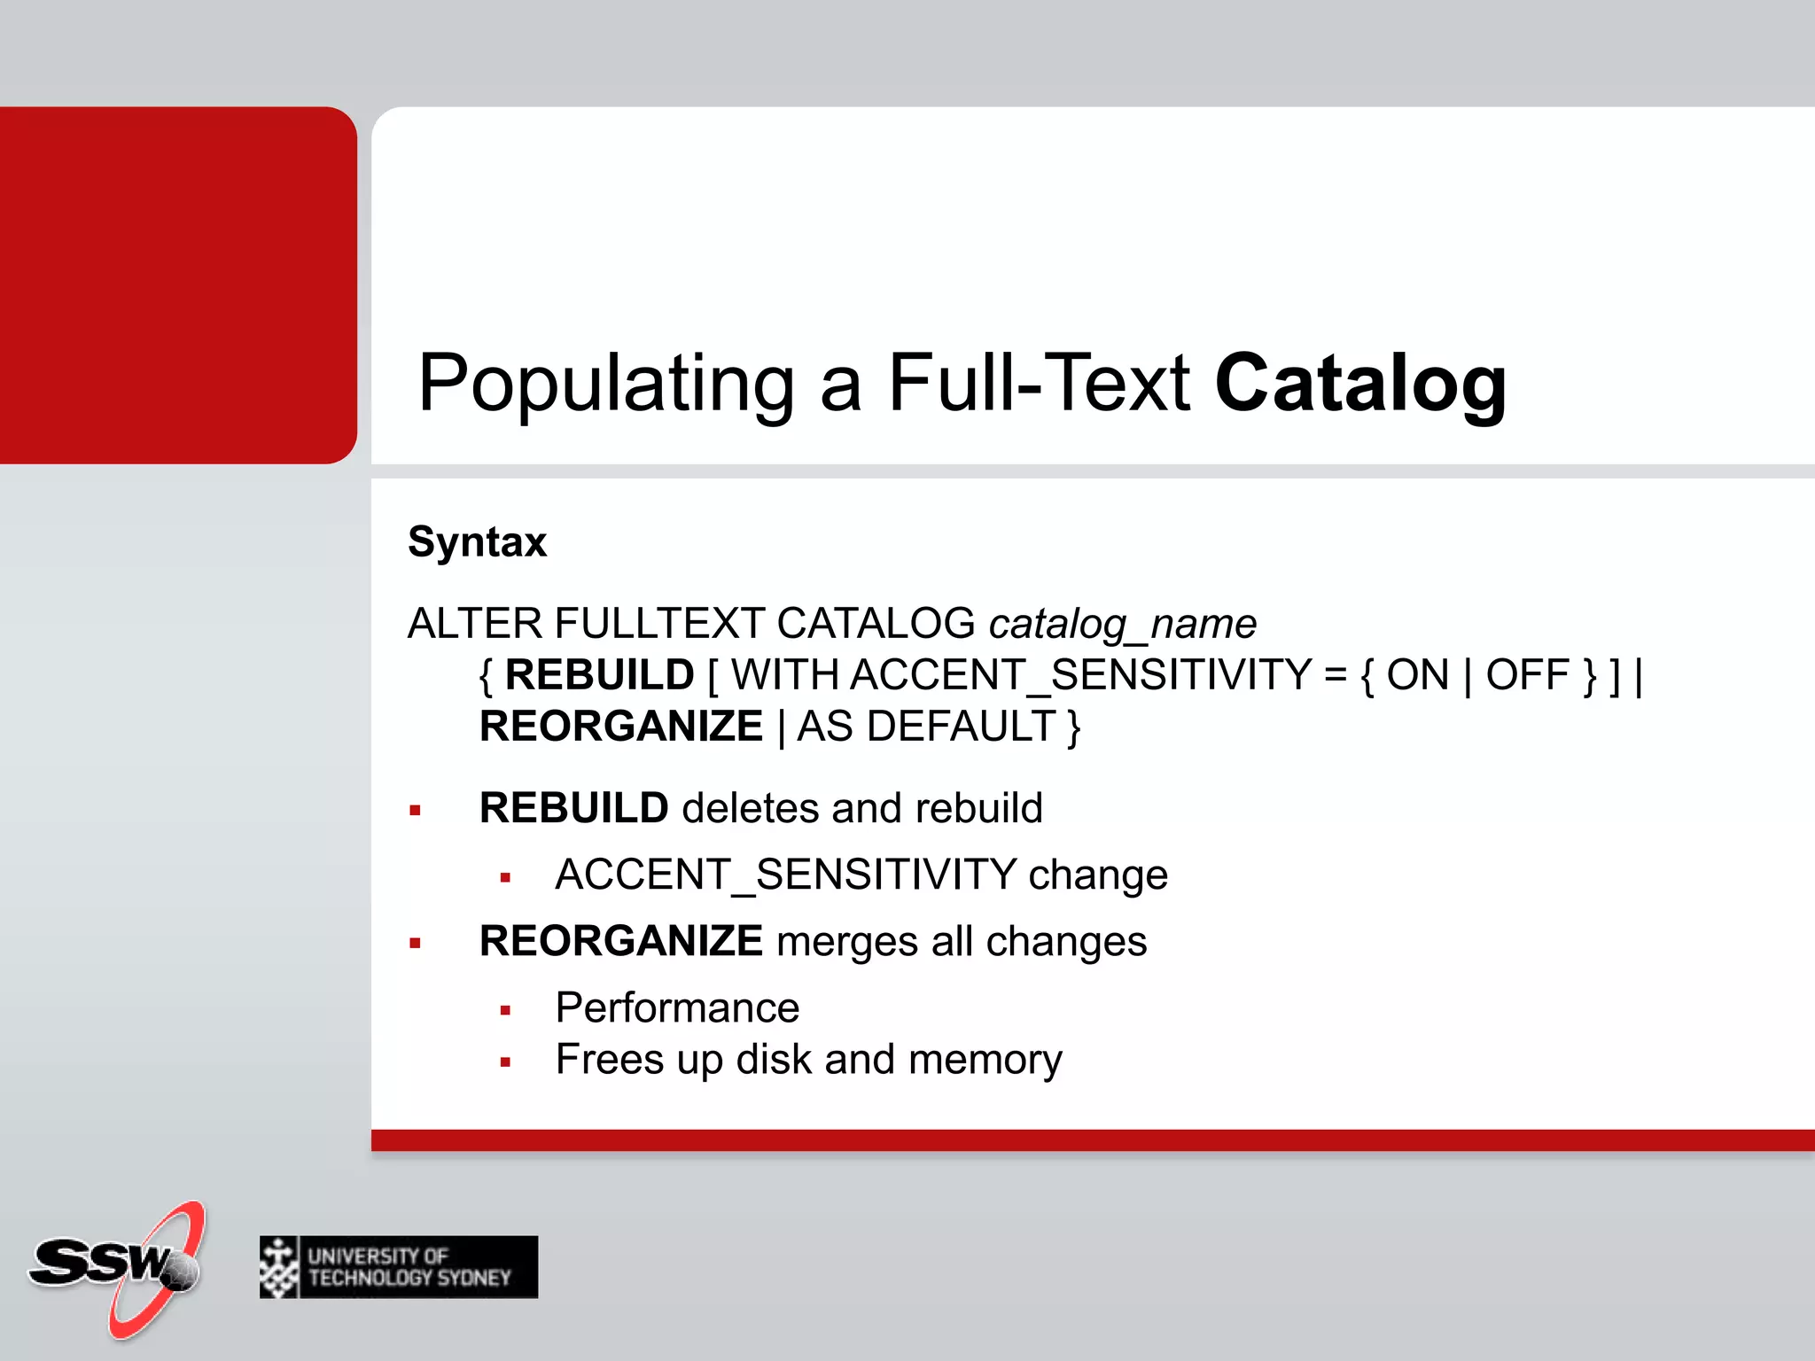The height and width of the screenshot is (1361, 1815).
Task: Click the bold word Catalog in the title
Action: click(1360, 383)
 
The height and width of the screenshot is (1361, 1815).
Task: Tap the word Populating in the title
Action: click(606, 385)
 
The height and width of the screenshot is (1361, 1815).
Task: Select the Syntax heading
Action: click(477, 541)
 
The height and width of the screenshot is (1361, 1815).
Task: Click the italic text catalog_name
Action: click(1122, 625)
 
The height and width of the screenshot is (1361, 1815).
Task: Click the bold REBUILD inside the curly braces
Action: click(599, 675)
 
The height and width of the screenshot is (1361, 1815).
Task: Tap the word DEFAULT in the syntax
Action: click(961, 727)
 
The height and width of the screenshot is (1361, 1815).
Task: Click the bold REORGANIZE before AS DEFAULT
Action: click(620, 727)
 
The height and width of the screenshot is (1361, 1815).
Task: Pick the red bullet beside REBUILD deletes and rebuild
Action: click(415, 810)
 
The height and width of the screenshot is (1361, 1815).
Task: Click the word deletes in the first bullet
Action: click(750, 808)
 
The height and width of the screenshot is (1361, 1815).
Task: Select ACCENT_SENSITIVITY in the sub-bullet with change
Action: click(785, 875)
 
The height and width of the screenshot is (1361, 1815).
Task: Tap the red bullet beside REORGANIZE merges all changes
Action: click(415, 943)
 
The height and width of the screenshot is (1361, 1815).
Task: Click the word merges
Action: click(846, 941)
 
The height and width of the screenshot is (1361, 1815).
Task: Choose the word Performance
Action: click(677, 1008)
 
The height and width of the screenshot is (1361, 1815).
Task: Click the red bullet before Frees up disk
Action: click(505, 1062)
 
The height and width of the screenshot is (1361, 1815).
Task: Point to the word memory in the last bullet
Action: click(985, 1060)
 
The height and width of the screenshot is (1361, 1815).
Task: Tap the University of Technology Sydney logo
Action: click(399, 1267)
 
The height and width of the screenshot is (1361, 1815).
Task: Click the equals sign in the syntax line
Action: click(1335, 675)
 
